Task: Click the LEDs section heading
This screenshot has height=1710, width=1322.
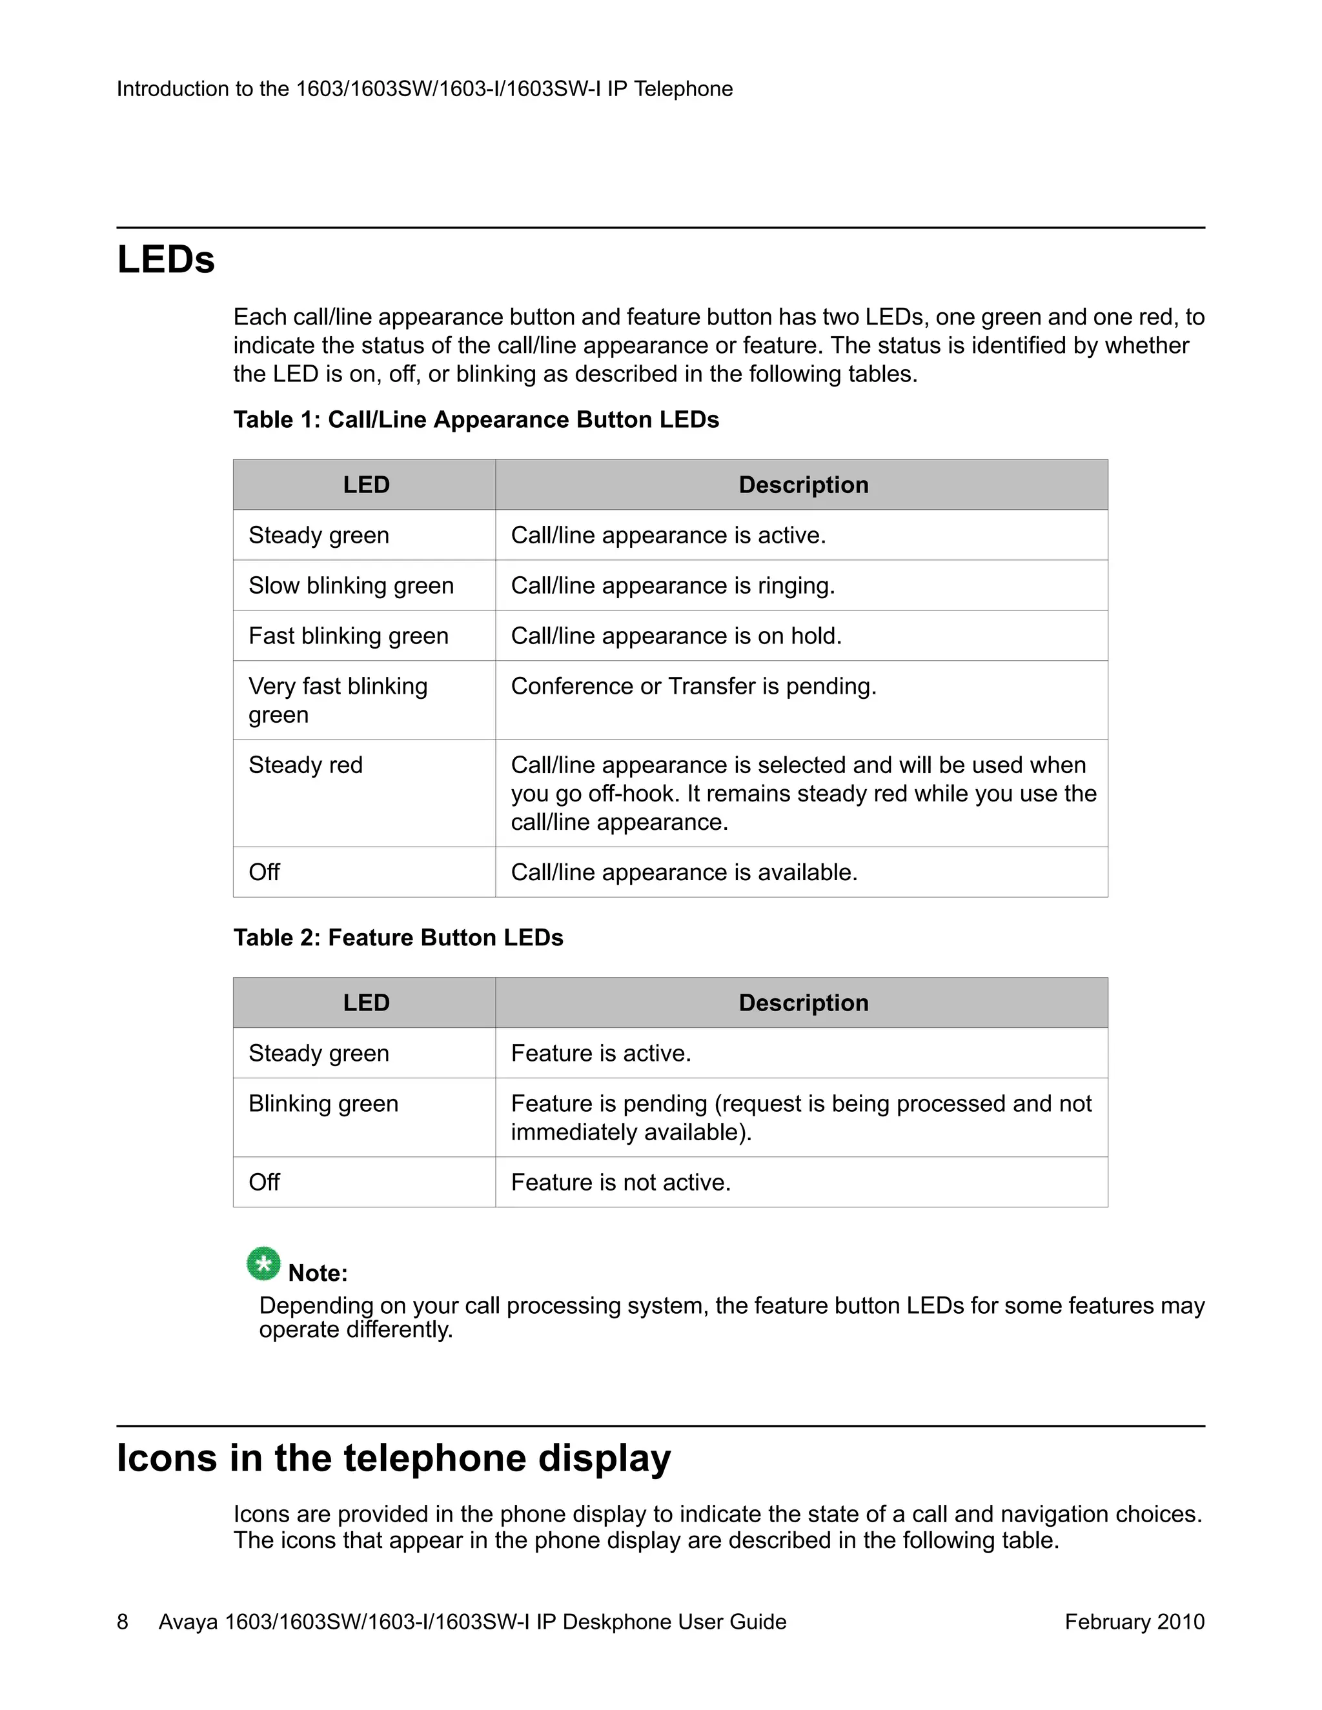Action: tap(166, 259)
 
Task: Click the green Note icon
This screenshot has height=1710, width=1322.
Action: tap(263, 1263)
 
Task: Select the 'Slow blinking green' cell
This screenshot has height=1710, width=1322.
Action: tap(351, 586)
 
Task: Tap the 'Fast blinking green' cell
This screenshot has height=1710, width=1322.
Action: tap(349, 636)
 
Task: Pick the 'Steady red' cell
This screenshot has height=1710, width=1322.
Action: tap(305, 765)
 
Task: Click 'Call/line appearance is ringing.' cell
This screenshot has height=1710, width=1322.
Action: tap(673, 586)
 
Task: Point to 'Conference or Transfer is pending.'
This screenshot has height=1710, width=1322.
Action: tap(693, 686)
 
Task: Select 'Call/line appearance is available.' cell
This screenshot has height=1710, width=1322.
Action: tap(684, 872)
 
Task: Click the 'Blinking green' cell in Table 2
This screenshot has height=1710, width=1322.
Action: tap(323, 1103)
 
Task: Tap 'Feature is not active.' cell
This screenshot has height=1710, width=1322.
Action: tap(620, 1182)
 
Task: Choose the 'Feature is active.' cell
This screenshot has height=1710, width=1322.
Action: tap(601, 1053)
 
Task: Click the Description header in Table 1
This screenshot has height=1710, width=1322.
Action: tap(803, 485)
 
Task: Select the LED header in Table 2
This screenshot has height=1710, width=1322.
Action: tap(366, 1003)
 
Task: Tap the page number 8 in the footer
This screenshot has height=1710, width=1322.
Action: tap(123, 1622)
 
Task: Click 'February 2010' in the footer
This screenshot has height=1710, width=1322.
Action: tap(1134, 1622)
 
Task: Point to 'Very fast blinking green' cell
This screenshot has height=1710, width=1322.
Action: tap(338, 700)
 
